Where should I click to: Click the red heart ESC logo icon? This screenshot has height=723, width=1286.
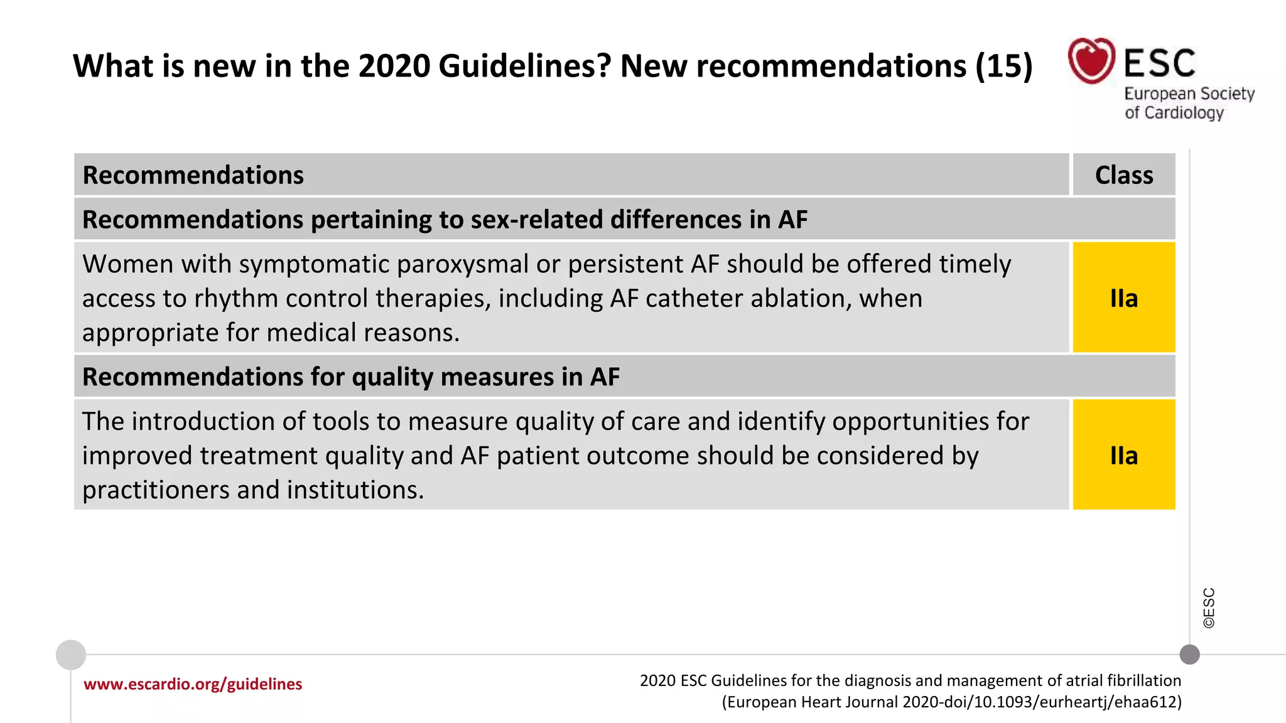1091,61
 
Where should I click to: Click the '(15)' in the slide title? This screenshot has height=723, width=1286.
1003,66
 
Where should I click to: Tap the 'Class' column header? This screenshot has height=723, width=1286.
1124,175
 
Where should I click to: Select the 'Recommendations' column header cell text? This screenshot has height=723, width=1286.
193,175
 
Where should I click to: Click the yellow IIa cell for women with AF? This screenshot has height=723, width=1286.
1124,298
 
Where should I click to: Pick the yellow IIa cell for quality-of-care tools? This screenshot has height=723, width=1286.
1124,455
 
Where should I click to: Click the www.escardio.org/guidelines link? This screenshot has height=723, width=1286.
193,684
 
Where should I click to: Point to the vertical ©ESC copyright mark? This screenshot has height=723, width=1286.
1209,608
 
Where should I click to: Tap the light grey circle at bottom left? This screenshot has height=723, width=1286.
71,655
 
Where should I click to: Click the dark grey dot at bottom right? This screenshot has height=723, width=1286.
1189,655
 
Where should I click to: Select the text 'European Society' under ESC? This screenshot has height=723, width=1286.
1189,94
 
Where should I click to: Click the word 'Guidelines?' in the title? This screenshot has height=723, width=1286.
525,66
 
